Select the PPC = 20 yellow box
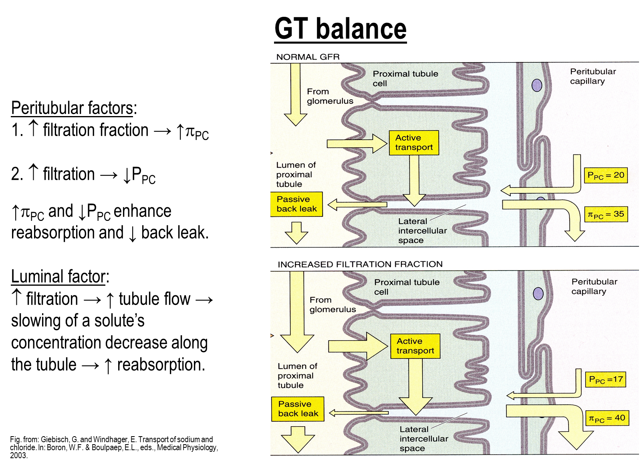coord(606,175)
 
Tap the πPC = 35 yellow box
coord(606,214)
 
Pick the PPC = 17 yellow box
coord(605,379)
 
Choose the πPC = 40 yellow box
coord(607,418)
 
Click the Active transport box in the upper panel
coord(414,142)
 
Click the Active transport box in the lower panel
coord(415,346)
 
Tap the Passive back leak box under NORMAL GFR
coord(296,204)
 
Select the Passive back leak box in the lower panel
coord(298,409)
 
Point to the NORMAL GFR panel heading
coord(308,57)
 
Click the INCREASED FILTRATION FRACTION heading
coord(360,264)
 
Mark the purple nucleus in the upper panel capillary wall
coord(537,85)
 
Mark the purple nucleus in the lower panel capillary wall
coord(538,293)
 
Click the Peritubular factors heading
coord(74,108)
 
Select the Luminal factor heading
coord(60,277)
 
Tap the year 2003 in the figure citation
coord(18,455)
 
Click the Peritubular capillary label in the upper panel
coord(593,76)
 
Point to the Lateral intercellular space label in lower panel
coord(424,439)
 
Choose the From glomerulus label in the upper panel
coord(330,96)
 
